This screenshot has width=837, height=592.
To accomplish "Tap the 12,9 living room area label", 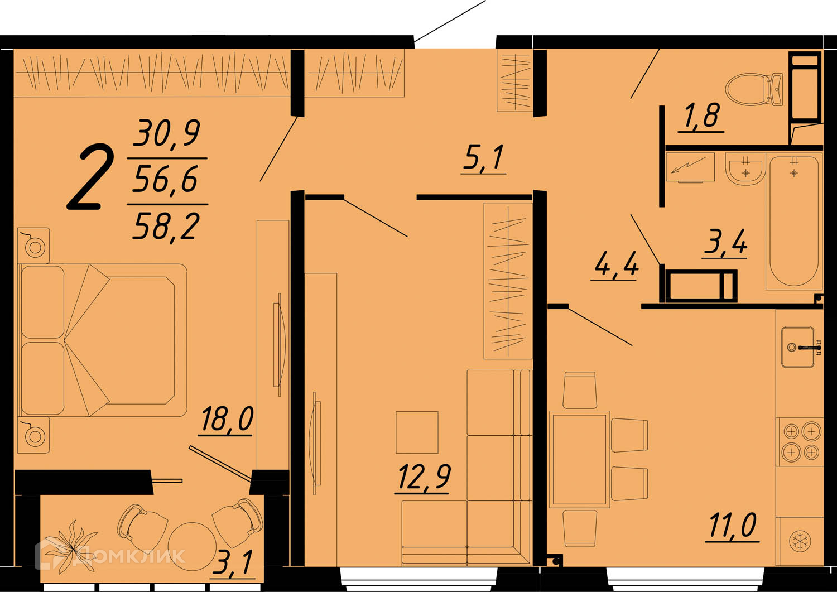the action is click(x=424, y=477).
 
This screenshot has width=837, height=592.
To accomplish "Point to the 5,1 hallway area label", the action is click(x=484, y=158).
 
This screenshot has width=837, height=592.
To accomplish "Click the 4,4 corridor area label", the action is click(x=615, y=264).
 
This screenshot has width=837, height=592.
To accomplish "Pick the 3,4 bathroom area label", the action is click(x=725, y=242).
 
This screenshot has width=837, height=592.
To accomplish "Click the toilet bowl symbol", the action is click(x=755, y=89).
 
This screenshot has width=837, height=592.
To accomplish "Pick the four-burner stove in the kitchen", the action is click(x=801, y=442).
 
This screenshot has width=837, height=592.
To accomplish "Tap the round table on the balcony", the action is click(x=192, y=546).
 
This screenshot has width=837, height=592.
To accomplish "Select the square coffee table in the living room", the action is click(x=417, y=432).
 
